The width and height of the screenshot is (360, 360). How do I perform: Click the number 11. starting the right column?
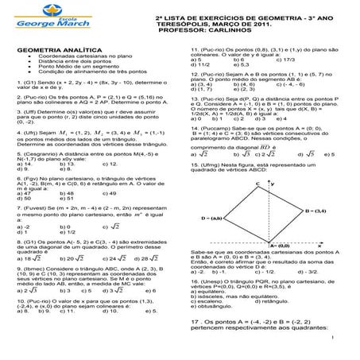click(x=195, y=49)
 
